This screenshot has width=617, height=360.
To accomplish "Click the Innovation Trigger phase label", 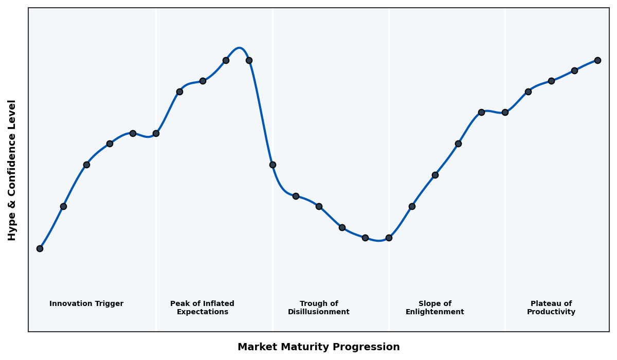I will tap(86, 304).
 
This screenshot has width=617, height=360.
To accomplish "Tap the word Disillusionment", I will tap(318, 312).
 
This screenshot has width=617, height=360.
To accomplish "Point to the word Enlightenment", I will tap(434, 312).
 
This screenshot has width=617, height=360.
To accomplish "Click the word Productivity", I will tap(551, 312).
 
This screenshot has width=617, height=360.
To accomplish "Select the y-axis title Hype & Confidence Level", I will tap(12, 170).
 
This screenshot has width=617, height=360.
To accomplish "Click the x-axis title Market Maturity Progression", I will tap(318, 347).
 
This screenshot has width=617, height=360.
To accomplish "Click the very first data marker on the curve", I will tap(40, 248).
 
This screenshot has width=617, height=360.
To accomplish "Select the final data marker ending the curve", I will tap(597, 60).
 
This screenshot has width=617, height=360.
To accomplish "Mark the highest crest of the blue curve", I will tap(239, 48).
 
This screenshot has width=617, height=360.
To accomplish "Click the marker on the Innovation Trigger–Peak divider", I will tap(156, 133).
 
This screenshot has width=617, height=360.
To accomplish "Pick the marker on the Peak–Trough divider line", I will tap(273, 165).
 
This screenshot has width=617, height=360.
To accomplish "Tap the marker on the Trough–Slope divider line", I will tap(389, 238).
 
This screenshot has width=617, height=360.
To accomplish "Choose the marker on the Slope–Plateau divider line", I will tap(505, 112).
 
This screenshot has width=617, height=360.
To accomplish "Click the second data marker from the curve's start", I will tap(63, 206).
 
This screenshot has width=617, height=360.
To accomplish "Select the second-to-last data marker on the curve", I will tap(574, 70).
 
